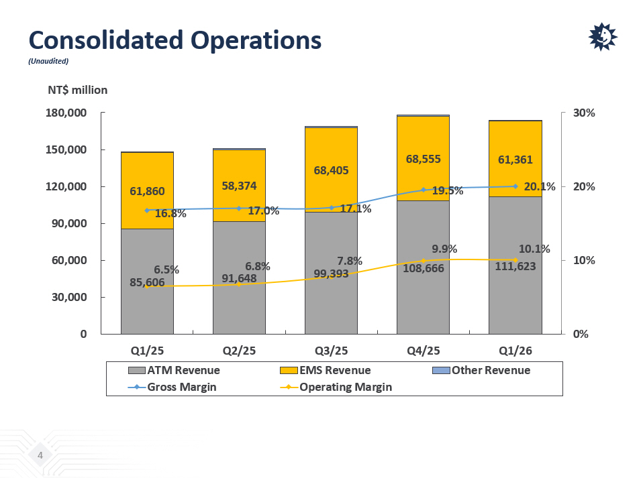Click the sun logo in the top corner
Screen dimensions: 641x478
point(603,37)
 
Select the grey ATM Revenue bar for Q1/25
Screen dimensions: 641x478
point(147,282)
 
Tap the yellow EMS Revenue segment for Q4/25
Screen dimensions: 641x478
point(423,158)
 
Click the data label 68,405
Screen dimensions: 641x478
point(331,170)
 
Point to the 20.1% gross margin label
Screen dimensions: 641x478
point(540,186)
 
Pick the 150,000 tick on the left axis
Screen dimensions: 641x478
point(66,150)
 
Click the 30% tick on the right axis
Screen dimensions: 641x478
point(584,113)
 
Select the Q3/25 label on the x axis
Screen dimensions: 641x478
point(331,351)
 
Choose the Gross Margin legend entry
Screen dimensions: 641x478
point(172,387)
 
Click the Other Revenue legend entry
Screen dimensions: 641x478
point(481,370)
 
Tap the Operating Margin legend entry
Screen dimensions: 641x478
point(336,387)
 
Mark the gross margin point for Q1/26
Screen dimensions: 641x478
point(515,186)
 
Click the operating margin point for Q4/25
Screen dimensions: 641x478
point(423,261)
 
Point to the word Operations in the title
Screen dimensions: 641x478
point(256,40)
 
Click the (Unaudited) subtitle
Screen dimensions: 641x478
point(48,61)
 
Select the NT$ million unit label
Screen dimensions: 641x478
point(78,90)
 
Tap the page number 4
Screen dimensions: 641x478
point(40,455)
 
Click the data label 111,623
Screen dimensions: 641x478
point(515,266)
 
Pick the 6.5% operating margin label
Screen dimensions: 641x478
point(166,270)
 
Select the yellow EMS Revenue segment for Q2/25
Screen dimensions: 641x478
point(239,186)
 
